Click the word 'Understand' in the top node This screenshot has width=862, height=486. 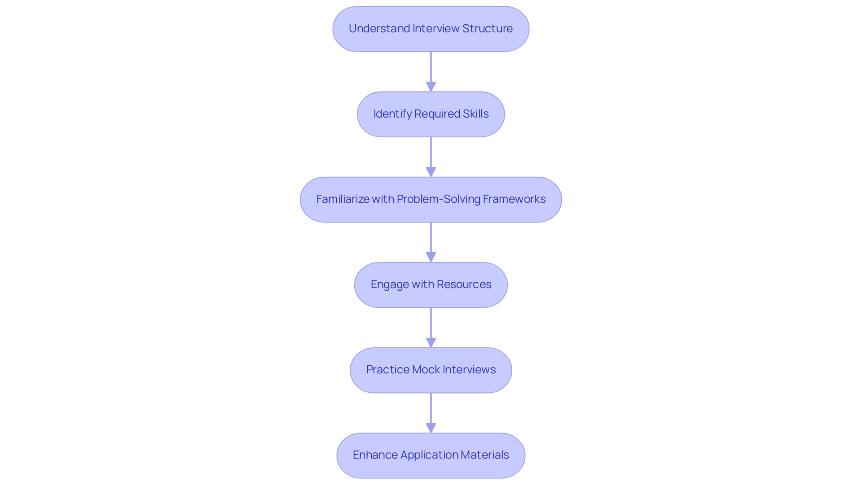[379, 29]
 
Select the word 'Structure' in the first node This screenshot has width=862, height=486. [487, 29]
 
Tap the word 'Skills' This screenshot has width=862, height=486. [475, 114]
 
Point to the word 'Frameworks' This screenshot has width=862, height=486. [514, 199]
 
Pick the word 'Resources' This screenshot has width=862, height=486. [464, 285]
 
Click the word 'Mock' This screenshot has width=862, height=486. [426, 370]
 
